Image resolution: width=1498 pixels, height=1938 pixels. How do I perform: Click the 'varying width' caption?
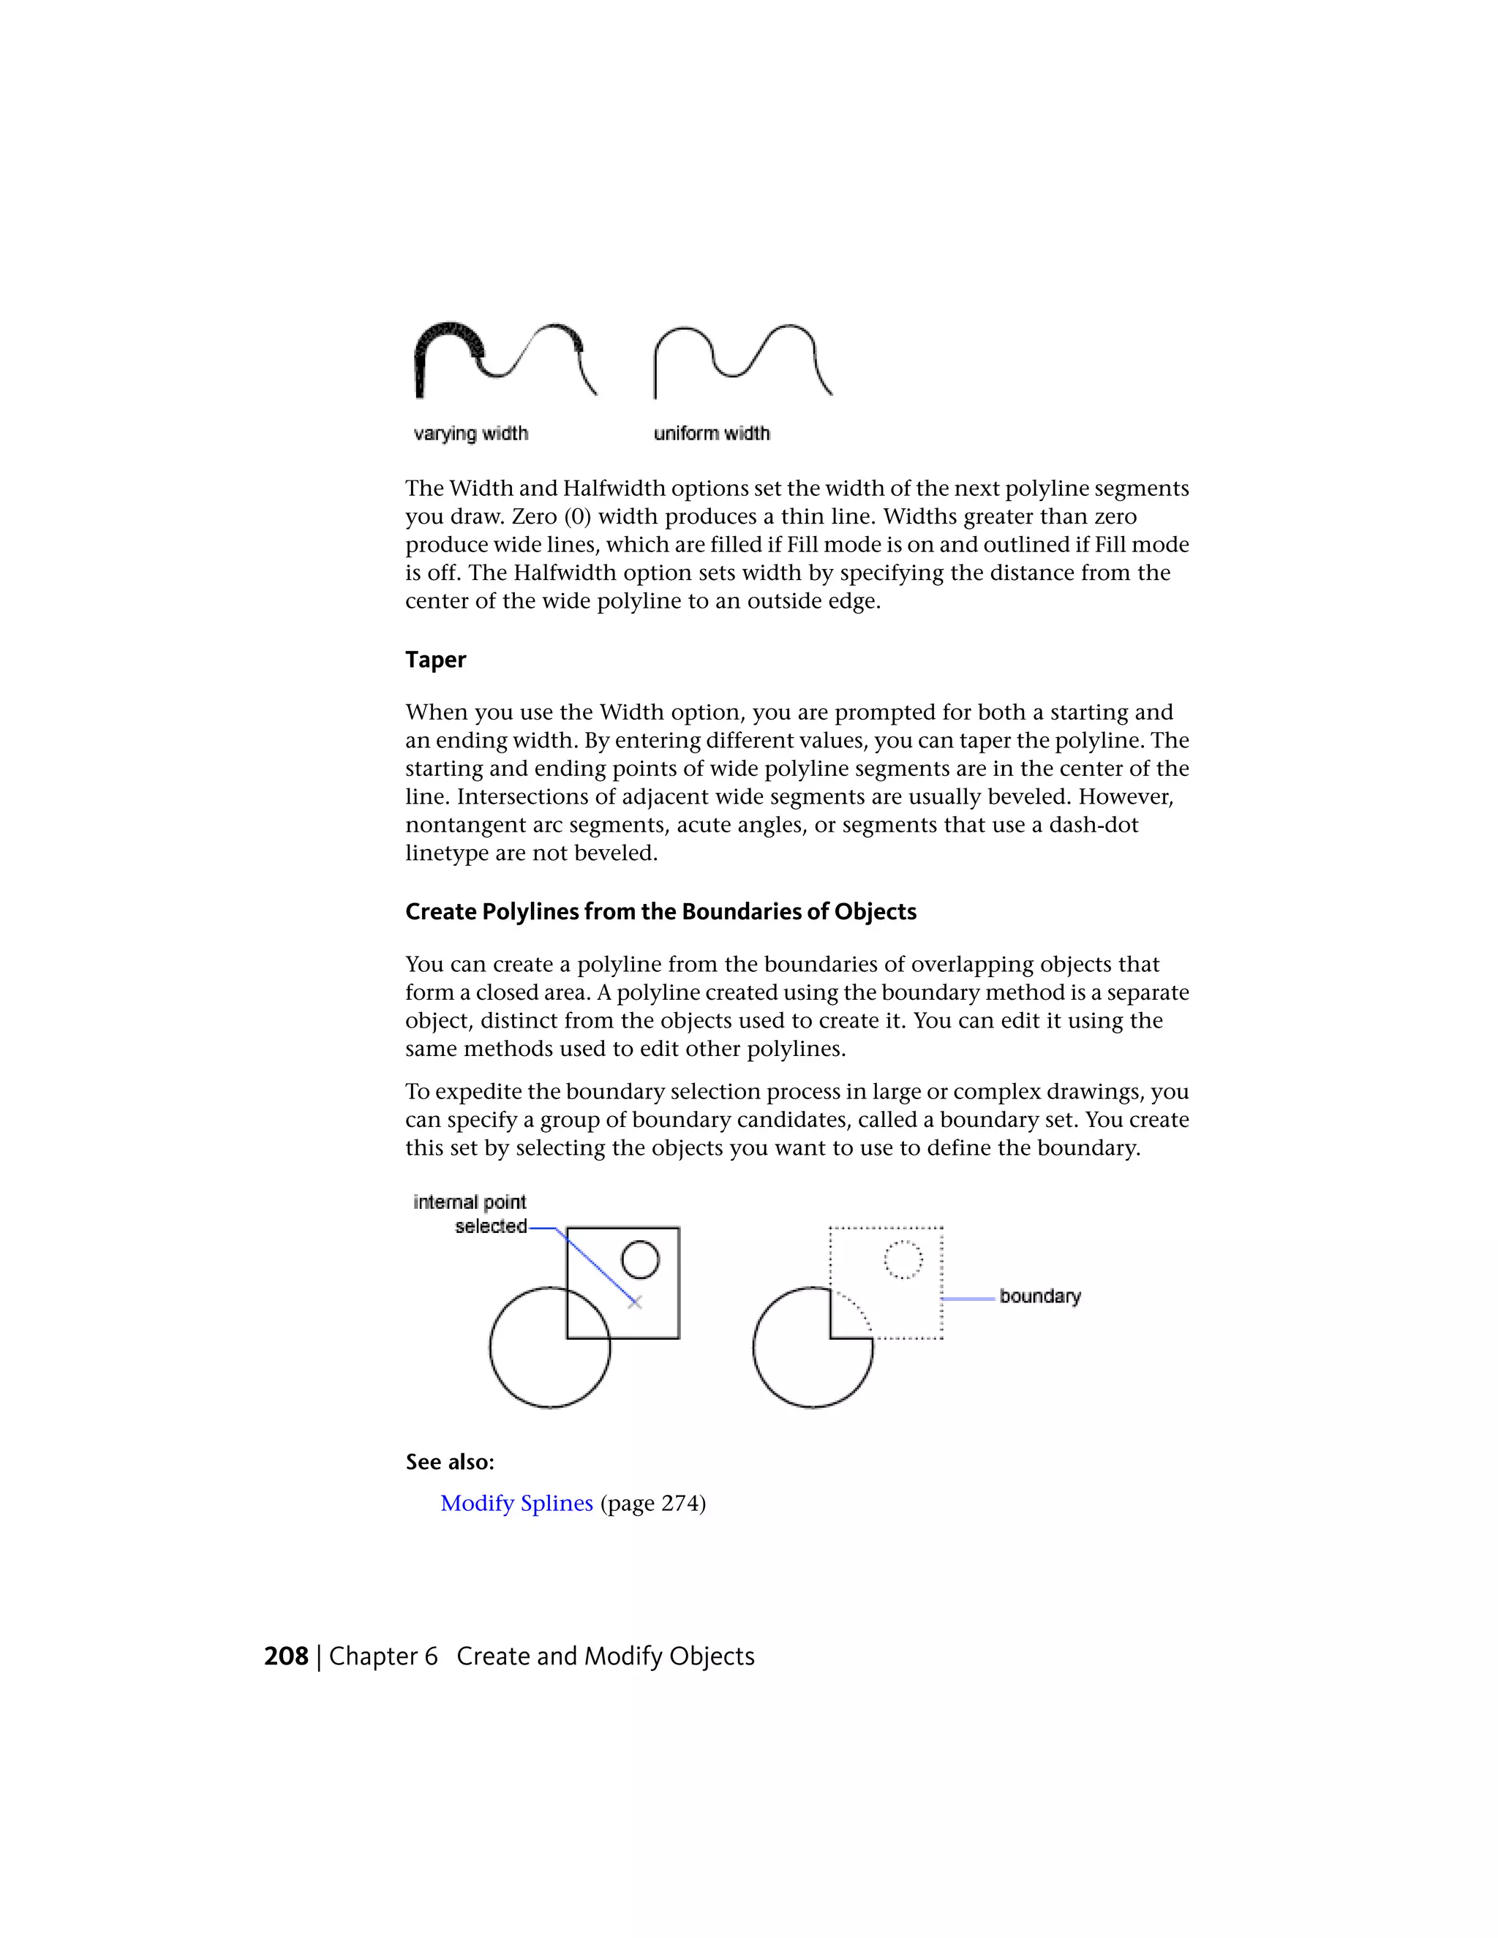pyautogui.click(x=470, y=433)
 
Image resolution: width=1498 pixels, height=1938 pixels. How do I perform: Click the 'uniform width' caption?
pyautogui.click(x=712, y=433)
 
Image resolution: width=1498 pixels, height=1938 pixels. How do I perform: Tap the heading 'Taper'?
pyautogui.click(x=435, y=660)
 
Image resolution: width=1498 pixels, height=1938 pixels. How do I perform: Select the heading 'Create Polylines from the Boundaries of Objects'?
pyautogui.click(x=660, y=911)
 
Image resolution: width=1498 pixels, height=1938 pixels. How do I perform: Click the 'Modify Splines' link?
pyautogui.click(x=516, y=1503)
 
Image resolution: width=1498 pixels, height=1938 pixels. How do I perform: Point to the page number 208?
pyautogui.click(x=286, y=1656)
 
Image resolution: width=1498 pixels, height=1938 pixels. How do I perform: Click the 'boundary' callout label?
pyautogui.click(x=1039, y=1296)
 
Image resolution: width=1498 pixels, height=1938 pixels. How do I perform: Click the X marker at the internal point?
pyautogui.click(x=634, y=1302)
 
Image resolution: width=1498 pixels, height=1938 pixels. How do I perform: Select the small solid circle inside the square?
pyautogui.click(x=640, y=1259)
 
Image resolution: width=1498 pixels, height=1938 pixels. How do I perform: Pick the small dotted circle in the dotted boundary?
pyautogui.click(x=903, y=1259)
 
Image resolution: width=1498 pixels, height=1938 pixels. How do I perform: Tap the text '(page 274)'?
pyautogui.click(x=653, y=1503)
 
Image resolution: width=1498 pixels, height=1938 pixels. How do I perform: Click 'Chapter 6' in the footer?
pyautogui.click(x=383, y=1656)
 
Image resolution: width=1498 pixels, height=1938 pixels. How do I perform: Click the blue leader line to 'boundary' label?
pyautogui.click(x=967, y=1298)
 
